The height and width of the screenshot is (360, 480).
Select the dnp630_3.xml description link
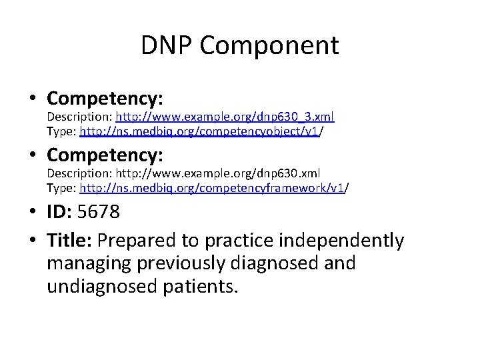225,117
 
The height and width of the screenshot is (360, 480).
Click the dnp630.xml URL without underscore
225,174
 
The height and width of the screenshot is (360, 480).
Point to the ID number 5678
99,213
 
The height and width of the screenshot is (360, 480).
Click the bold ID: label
61,213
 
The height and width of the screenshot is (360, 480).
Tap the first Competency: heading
105,99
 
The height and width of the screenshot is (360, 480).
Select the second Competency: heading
105,156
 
